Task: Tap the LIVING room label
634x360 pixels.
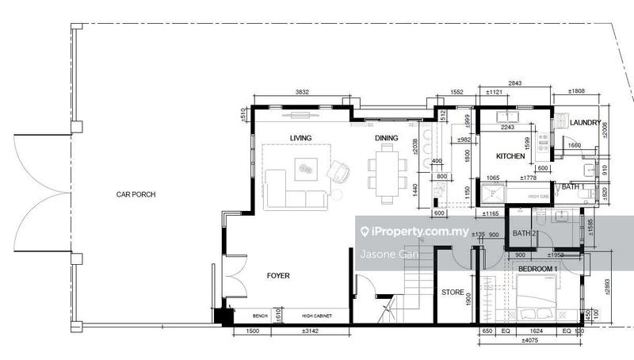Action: pyautogui.click(x=300, y=138)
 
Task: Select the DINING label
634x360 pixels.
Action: pyautogui.click(x=387, y=138)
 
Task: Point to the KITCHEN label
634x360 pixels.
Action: pyautogui.click(x=511, y=157)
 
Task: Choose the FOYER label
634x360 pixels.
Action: pyautogui.click(x=278, y=276)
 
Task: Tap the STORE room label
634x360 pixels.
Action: pyautogui.click(x=453, y=293)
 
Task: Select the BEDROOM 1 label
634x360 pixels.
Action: pyautogui.click(x=538, y=270)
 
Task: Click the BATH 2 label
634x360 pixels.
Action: pyautogui.click(x=525, y=233)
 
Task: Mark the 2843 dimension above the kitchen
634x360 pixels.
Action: pyautogui.click(x=515, y=83)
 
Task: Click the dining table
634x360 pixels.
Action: pyautogui.click(x=387, y=174)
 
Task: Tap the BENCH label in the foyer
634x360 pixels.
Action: pyautogui.click(x=261, y=316)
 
